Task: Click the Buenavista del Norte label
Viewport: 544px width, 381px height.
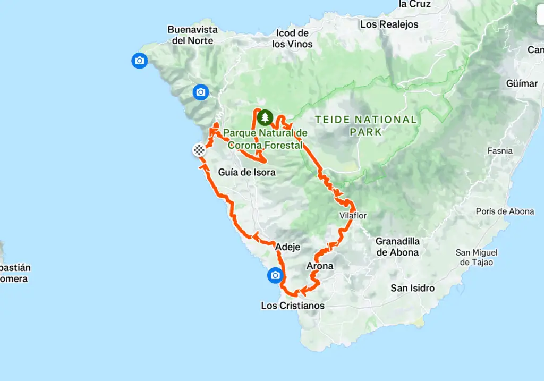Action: point(190,35)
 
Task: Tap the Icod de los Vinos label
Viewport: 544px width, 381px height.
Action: point(292,39)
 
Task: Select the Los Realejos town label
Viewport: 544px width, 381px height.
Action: point(389,24)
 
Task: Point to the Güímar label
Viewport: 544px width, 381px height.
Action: point(522,83)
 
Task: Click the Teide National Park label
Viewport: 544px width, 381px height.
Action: point(366,125)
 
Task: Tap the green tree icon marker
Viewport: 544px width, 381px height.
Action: point(265,117)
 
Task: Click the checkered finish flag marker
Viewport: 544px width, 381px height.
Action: point(199,150)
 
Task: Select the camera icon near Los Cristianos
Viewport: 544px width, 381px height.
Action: point(275,275)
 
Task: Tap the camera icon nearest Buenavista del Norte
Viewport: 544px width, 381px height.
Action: point(139,61)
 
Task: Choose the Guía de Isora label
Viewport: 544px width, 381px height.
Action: point(243,172)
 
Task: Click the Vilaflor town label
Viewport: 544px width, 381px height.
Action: point(353,216)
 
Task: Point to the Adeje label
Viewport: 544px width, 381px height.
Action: point(288,247)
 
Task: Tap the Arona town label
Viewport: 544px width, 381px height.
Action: point(320,266)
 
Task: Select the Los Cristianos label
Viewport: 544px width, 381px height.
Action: point(293,306)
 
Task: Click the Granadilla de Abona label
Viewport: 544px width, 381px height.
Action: point(397,247)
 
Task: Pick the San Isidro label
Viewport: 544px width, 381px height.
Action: point(412,288)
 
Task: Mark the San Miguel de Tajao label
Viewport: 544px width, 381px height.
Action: point(477,257)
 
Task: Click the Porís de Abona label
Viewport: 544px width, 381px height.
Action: point(505,211)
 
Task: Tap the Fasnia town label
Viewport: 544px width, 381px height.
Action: point(500,151)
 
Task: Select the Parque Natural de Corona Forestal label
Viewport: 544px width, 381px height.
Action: point(266,138)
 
